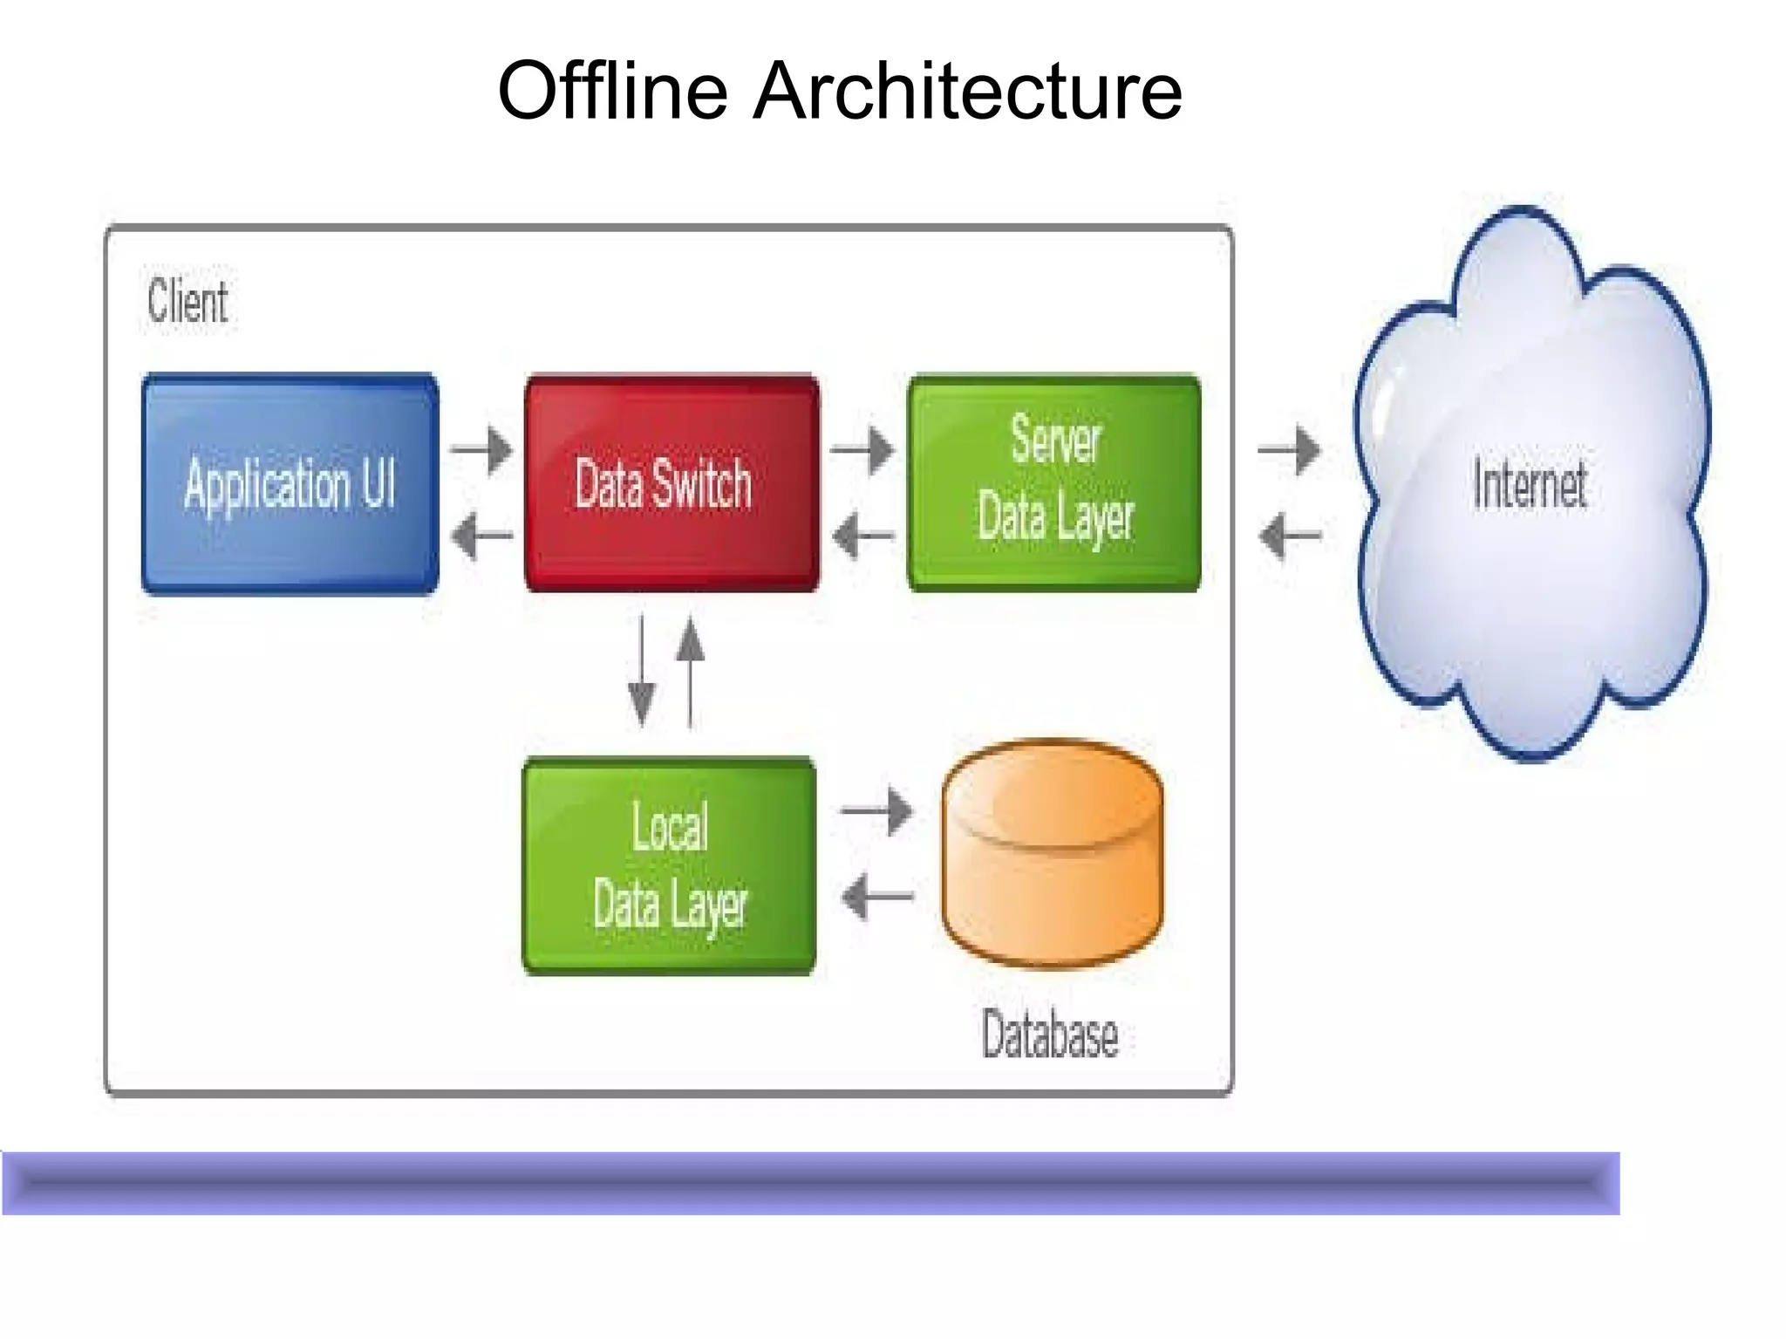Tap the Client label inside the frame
[187, 301]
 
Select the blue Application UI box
[290, 484]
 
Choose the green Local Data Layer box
[669, 865]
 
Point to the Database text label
[1049, 1035]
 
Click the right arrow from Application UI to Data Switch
[481, 449]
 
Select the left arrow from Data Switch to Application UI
[481, 534]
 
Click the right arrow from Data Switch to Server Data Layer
[862, 449]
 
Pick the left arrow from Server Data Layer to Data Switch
[862, 534]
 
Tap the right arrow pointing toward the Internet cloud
[1289, 449]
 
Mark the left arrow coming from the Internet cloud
[1289, 534]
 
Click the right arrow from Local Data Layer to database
[876, 810]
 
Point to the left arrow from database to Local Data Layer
[876, 896]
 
